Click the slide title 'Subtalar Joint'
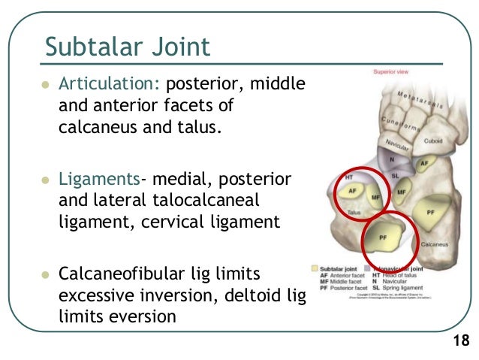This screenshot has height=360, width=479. [128, 47]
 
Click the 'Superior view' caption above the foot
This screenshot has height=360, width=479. [391, 72]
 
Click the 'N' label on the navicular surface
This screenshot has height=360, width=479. [391, 159]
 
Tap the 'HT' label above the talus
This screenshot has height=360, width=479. [348, 177]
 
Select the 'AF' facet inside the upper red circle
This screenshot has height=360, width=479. [351, 192]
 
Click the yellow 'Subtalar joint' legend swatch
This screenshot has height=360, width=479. [315, 267]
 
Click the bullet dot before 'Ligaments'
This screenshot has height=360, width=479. [44, 180]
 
